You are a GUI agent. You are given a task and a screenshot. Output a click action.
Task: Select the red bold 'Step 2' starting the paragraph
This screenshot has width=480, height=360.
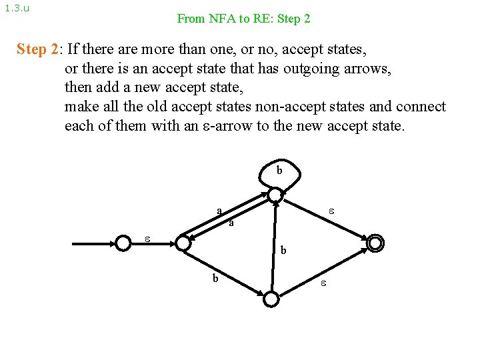38,49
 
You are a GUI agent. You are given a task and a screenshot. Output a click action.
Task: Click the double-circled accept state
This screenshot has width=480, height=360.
375,243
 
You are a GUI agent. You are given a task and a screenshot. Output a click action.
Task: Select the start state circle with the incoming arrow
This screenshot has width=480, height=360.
123,243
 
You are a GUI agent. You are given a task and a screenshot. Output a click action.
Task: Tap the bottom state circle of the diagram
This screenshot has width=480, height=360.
271,299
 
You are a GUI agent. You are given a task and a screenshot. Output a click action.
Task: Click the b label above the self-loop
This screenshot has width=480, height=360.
279,171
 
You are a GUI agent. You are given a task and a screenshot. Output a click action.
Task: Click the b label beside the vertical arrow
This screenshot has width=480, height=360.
283,251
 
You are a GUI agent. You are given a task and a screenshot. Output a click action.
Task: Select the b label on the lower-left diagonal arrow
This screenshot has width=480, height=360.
215,278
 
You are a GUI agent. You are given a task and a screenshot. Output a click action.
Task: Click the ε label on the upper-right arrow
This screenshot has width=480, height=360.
331,211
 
